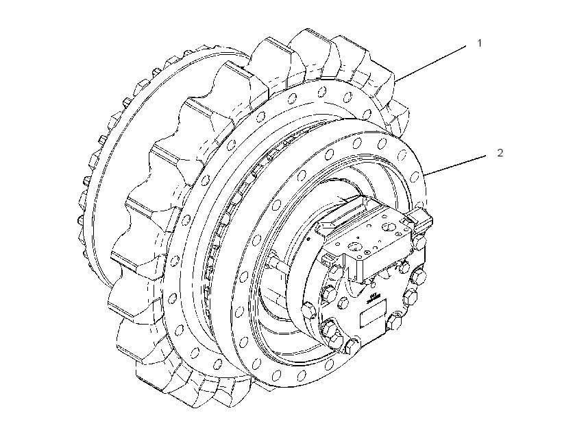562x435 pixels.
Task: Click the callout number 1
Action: (480, 43)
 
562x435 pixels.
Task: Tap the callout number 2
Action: (500, 153)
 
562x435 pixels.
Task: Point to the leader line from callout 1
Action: (430, 63)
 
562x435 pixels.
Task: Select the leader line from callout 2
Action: (455, 165)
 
